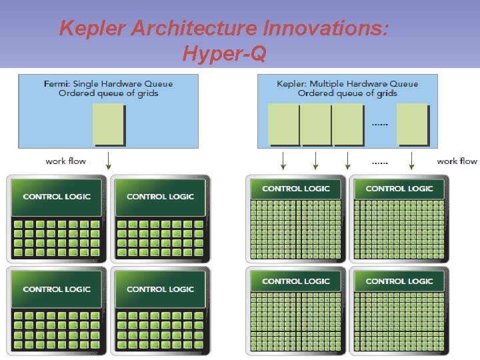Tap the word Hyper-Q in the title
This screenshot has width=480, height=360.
(x=224, y=54)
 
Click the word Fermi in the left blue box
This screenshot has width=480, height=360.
(x=55, y=84)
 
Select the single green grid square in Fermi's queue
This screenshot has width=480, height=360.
(x=109, y=124)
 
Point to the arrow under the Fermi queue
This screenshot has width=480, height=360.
(x=109, y=160)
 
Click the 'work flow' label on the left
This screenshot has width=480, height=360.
(x=65, y=161)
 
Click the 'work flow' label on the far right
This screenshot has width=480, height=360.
(x=457, y=161)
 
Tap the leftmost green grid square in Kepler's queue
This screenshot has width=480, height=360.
(x=283, y=124)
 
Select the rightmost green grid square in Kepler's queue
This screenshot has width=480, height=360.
(x=413, y=124)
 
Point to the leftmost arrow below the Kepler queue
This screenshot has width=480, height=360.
(x=283, y=160)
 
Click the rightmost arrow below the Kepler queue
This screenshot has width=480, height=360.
(x=412, y=160)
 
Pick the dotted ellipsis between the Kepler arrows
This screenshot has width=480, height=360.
(x=380, y=161)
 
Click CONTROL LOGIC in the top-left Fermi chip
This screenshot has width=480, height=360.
(x=57, y=197)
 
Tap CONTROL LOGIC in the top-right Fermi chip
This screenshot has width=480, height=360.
(x=160, y=197)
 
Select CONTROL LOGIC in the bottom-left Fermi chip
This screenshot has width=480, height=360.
(x=57, y=289)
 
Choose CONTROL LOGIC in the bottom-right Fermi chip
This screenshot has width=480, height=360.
(x=160, y=289)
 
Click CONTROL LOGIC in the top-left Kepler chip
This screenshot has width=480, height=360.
(x=296, y=189)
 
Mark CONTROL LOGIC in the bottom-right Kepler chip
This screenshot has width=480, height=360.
(x=399, y=281)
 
